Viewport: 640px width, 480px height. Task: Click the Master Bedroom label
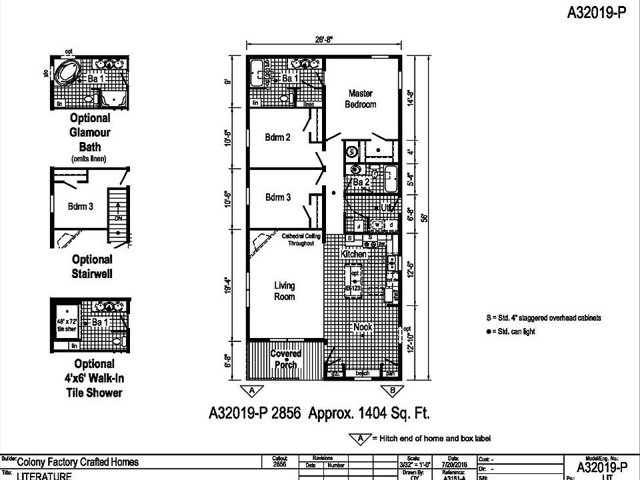pyautogui.click(x=360, y=99)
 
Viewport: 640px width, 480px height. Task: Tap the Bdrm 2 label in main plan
pyautogui.click(x=277, y=137)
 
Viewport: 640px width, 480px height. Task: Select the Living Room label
pyautogui.click(x=284, y=291)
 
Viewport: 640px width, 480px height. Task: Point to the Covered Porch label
pyautogui.click(x=285, y=359)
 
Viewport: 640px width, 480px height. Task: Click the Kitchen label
pyautogui.click(x=354, y=255)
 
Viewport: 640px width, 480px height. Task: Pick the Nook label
pyautogui.click(x=363, y=327)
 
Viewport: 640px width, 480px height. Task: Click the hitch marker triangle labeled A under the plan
pyautogui.click(x=251, y=390)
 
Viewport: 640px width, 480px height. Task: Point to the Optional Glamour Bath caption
pyautogui.click(x=90, y=132)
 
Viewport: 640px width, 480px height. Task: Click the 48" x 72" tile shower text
pyautogui.click(x=67, y=325)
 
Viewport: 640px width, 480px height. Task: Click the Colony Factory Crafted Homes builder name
pyautogui.click(x=77, y=461)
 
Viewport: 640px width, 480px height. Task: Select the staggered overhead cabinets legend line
pyautogui.click(x=543, y=318)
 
